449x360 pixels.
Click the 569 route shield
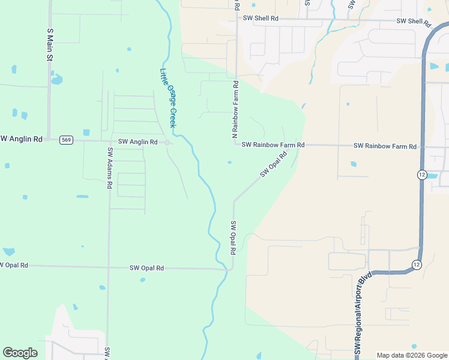[x=66, y=140]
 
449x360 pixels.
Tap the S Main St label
[x=50, y=44]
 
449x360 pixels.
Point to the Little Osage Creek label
[x=168, y=97]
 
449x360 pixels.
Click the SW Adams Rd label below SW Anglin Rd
[x=110, y=169]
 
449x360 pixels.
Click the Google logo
[x=20, y=353]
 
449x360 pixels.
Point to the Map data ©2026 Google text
[x=411, y=355]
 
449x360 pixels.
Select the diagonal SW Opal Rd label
[x=274, y=164]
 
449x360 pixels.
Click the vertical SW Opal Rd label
[x=233, y=237]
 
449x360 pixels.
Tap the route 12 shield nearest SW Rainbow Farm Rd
[x=422, y=174]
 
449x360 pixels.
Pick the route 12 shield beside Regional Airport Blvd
[x=416, y=264]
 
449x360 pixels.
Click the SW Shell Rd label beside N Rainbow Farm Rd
[x=261, y=19]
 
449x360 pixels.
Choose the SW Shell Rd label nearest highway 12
[x=414, y=22]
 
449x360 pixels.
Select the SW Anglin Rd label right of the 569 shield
[x=137, y=142]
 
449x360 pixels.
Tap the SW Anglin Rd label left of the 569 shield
[x=21, y=139]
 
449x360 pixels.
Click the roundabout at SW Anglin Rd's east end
[x=167, y=143]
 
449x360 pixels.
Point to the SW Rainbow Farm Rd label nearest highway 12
[x=385, y=146]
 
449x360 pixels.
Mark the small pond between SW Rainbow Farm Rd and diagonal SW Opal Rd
[x=229, y=162]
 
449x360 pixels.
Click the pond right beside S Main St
[x=56, y=79]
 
